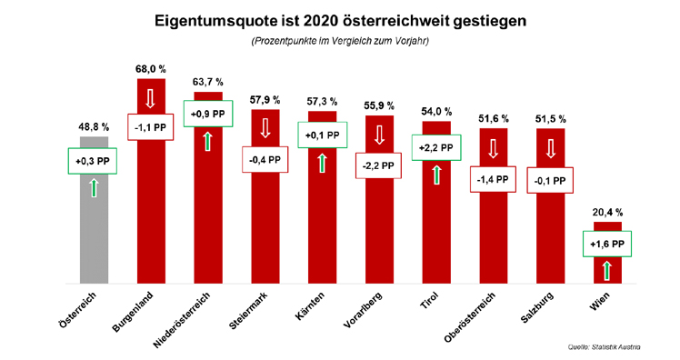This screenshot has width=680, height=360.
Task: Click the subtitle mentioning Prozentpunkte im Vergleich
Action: point(340,42)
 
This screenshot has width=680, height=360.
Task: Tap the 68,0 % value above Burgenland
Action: point(151,67)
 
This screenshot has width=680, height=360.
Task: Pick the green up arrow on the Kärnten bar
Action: point(322,161)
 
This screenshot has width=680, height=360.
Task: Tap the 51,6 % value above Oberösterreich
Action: point(494,119)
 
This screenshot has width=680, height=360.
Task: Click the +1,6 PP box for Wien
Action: point(607,245)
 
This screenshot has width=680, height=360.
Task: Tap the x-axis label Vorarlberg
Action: point(365,312)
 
